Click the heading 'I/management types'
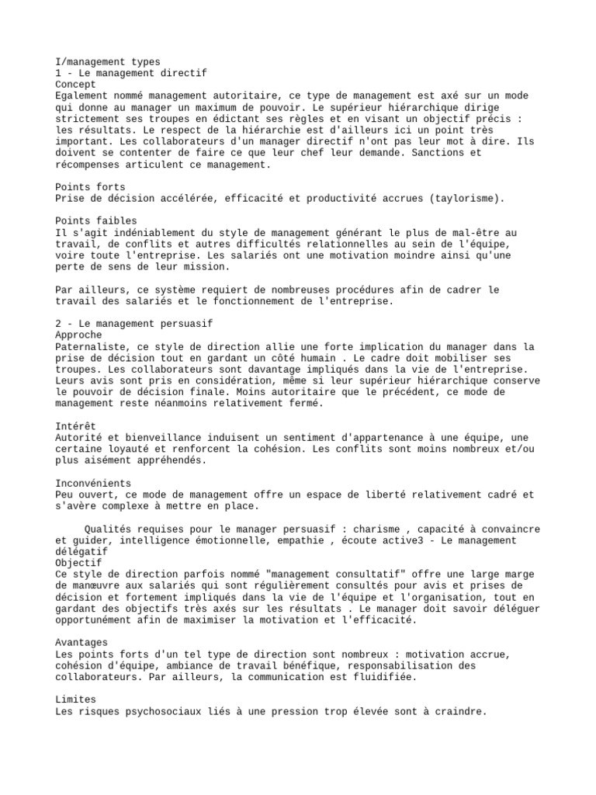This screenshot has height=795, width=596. click(x=108, y=62)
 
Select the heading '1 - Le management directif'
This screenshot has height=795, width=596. click(x=131, y=73)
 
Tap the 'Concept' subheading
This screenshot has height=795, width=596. click(x=76, y=85)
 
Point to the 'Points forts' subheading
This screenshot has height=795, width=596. click(x=91, y=187)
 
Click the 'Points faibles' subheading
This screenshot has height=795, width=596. click(x=96, y=221)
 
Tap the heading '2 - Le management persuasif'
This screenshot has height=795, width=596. click(x=134, y=323)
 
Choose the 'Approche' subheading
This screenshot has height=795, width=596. click(x=79, y=335)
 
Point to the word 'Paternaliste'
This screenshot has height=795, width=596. click(x=91, y=346)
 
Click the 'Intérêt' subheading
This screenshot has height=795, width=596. click(x=76, y=426)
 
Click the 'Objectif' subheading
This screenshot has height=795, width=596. click(x=79, y=563)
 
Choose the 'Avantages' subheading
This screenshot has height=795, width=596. click(x=82, y=643)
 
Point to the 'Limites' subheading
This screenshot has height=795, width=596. click(x=76, y=700)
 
